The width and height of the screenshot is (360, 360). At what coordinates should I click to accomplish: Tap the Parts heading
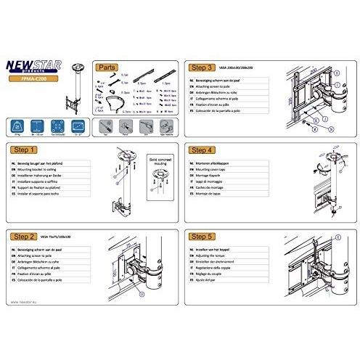tap(106, 66)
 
